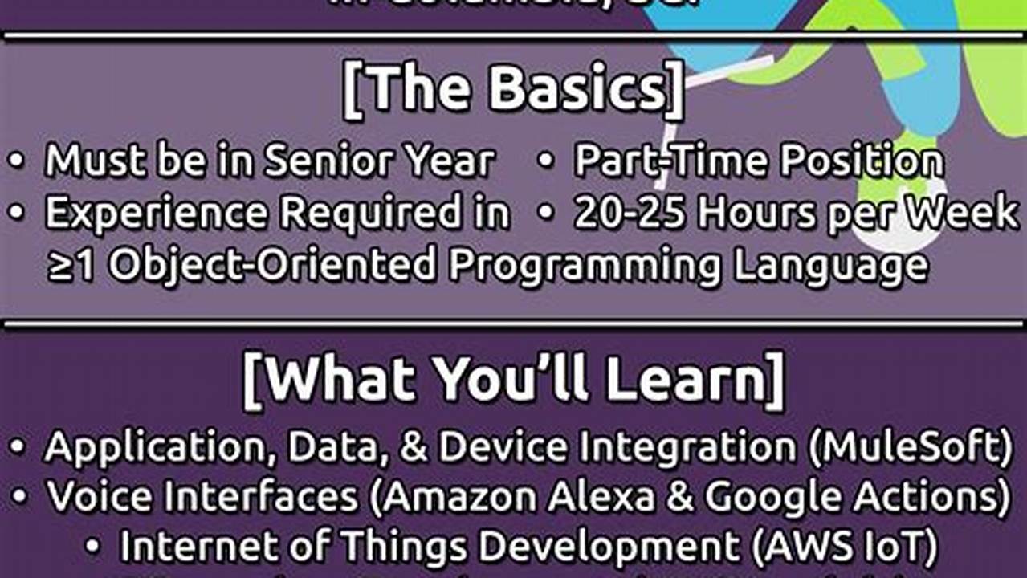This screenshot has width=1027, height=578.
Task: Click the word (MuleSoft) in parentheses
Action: coord(910,446)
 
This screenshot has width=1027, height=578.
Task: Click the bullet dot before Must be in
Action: coord(17,161)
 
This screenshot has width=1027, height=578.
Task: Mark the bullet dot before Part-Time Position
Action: coord(546,161)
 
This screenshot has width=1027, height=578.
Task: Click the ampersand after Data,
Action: coord(415,446)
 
